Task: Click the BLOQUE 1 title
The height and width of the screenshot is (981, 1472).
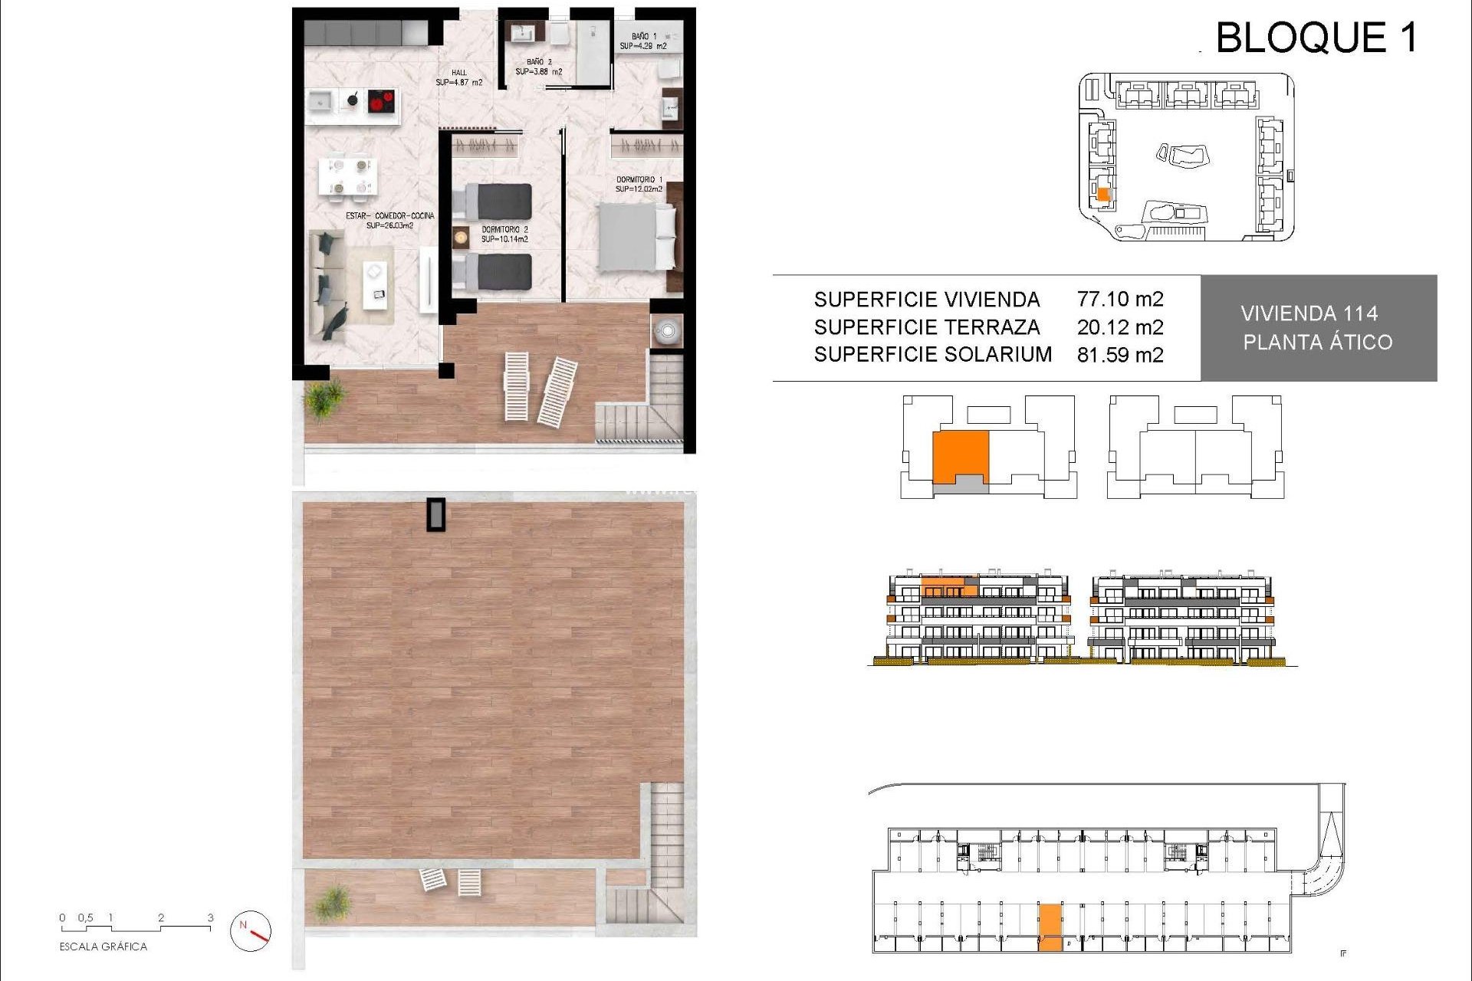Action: tap(1316, 38)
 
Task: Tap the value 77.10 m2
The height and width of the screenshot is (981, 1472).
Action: tap(1119, 299)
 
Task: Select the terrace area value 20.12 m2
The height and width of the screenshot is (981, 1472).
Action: tap(1119, 327)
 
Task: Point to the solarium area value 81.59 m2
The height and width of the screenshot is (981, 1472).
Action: tap(1119, 355)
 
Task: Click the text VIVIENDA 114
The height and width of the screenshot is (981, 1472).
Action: tap(1309, 313)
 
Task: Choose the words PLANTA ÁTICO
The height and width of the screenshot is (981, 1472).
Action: tap(1317, 342)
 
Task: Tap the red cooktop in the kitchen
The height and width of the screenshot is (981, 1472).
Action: tap(381, 101)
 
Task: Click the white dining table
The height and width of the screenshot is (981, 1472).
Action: tap(347, 176)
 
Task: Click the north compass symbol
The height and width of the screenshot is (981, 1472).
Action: tap(251, 931)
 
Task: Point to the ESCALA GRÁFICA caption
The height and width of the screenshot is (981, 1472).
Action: tap(103, 947)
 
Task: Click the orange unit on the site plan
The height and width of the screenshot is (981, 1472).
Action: tap(1103, 195)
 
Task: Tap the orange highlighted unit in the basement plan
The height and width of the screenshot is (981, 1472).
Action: tap(1050, 927)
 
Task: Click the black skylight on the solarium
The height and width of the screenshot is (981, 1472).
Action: tap(436, 514)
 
